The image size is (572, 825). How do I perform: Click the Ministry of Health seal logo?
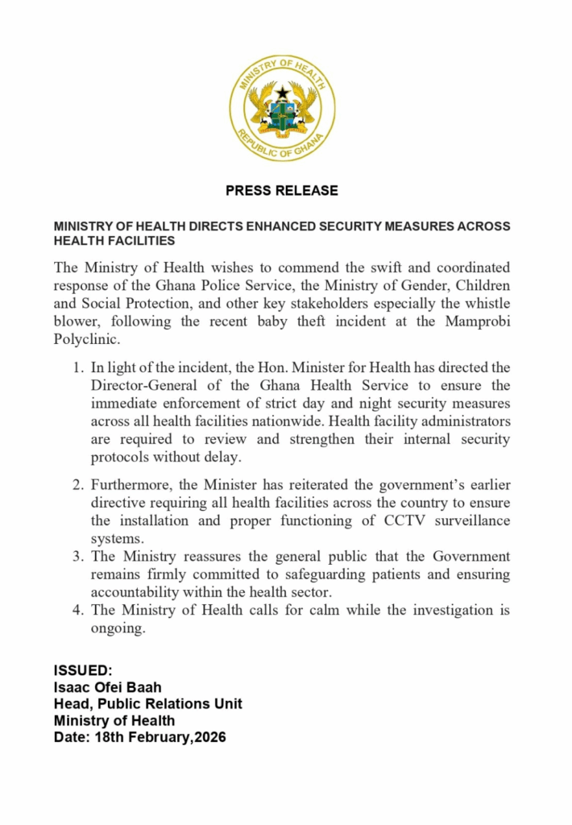coord(282,109)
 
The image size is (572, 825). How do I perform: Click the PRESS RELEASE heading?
coord(282,191)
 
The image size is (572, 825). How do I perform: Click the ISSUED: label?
coord(84,670)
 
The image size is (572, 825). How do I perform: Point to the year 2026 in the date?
coord(208,737)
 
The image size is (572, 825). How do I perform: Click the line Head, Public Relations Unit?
coord(147,704)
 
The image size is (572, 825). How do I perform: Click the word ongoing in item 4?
coord(118,628)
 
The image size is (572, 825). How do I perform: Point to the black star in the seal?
coord(282,93)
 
